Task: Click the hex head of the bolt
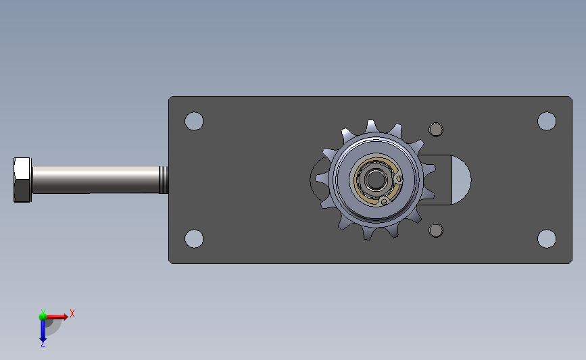tap(22, 180)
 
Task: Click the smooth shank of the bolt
tap(96, 180)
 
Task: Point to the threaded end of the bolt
tap(164, 180)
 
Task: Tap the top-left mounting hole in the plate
tap(194, 121)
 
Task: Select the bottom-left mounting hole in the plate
tap(194, 238)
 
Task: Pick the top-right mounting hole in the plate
tap(547, 121)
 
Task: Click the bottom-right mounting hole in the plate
tap(547, 238)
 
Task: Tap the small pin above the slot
tap(436, 130)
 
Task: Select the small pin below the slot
tap(436, 230)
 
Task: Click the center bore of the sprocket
tap(375, 180)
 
